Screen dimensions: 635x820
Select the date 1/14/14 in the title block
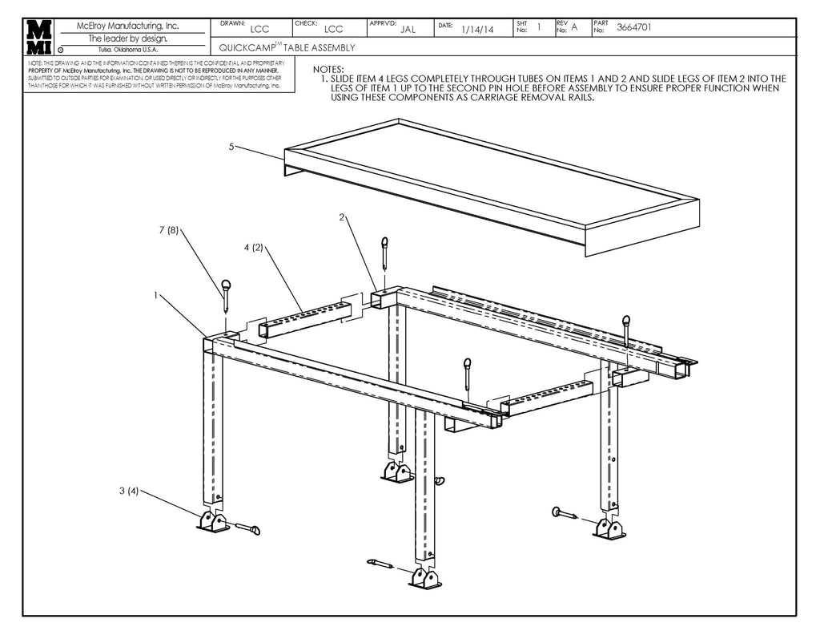(477, 29)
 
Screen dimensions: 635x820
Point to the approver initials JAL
(408, 29)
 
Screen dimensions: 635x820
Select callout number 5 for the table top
(231, 147)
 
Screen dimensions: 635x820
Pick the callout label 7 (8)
(167, 231)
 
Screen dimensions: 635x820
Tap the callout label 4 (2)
(253, 248)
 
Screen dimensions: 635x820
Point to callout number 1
(156, 295)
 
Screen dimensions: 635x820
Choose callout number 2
(342, 217)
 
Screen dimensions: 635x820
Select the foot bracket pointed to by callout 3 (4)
(210, 522)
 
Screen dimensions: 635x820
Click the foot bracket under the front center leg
(424, 579)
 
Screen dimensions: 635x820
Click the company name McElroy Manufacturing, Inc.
(127, 26)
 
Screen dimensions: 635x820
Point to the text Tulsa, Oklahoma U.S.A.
(127, 50)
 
